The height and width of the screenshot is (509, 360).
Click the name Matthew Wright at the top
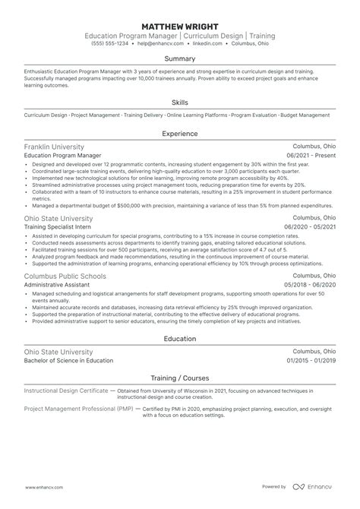180,24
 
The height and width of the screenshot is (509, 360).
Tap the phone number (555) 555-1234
107,45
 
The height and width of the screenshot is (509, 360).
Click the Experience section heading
180,134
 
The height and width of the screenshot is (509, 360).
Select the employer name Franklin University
55,147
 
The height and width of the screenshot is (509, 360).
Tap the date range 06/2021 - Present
309,156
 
